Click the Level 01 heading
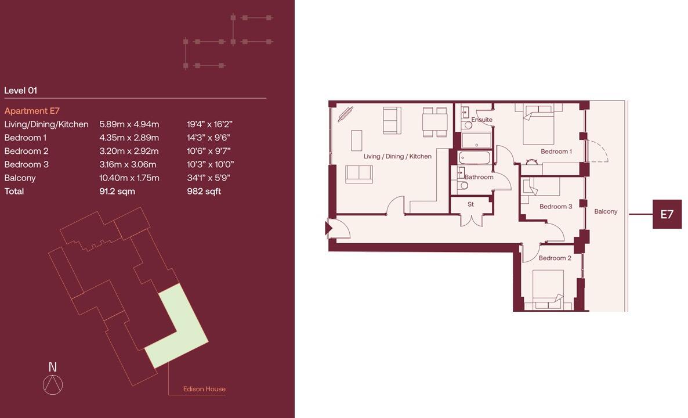click(20, 91)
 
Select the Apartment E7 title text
click(32, 111)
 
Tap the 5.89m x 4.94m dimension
click(129, 124)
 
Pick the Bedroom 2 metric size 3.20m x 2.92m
click(129, 151)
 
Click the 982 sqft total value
click(204, 191)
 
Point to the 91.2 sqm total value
click(117, 191)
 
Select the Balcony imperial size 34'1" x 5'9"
click(208, 178)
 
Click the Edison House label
click(204, 389)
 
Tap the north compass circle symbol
click(53, 385)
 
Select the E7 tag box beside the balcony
click(667, 214)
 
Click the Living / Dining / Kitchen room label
click(397, 156)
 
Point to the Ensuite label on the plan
click(481, 120)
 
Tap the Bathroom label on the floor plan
click(479, 177)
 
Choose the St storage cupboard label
click(470, 204)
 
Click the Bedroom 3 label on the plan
click(555, 207)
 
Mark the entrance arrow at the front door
click(329, 228)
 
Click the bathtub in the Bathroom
click(474, 158)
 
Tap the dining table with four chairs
click(435, 122)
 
